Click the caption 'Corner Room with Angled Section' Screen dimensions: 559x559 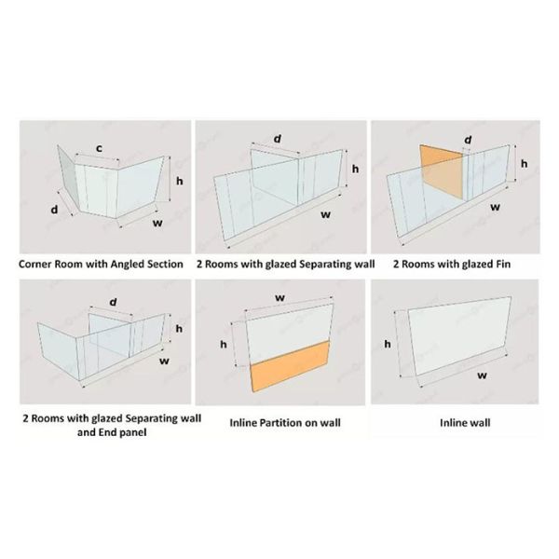[x=101, y=265]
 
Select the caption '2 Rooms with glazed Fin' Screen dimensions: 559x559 [x=452, y=265]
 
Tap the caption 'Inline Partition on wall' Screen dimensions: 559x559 [x=285, y=423]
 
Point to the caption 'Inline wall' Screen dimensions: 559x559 [x=465, y=423]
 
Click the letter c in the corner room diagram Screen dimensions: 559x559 [x=100, y=148]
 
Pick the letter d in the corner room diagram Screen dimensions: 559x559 [x=54, y=210]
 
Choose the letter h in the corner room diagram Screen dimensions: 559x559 [x=179, y=181]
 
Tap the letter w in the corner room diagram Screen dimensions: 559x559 [x=157, y=224]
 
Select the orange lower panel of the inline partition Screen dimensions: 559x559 [x=290, y=366]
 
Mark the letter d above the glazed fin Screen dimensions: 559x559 [x=468, y=140]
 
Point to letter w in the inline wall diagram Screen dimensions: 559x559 [x=482, y=375]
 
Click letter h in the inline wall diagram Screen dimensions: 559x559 [x=388, y=344]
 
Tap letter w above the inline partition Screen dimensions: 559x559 [x=280, y=297]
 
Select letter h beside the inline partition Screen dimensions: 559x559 [x=224, y=344]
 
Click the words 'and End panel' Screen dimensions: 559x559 [x=112, y=432]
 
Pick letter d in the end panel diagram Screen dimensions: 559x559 [x=113, y=302]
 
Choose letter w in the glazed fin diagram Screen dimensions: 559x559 [x=496, y=207]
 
